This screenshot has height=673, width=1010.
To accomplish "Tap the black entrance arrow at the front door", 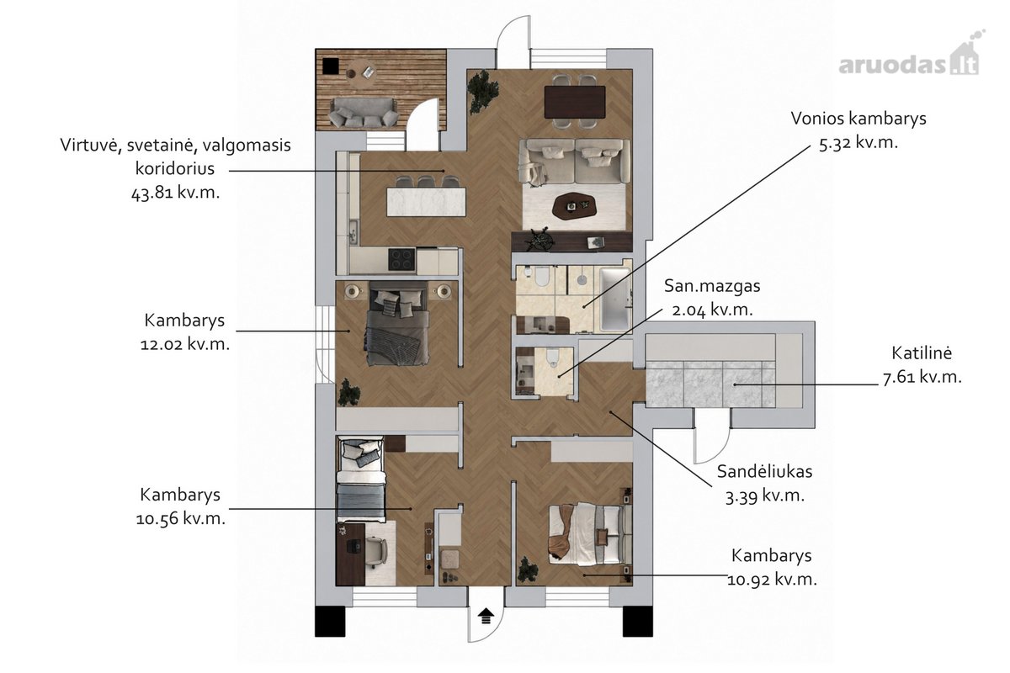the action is (x=486, y=616).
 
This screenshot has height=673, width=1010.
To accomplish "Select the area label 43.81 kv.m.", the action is (x=175, y=193).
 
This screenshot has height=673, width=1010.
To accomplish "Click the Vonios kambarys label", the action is (x=858, y=119).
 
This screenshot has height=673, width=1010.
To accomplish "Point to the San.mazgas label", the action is (x=712, y=286).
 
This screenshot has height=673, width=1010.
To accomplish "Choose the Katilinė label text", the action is (x=922, y=353).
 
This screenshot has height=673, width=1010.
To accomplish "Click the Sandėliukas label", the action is (x=765, y=471).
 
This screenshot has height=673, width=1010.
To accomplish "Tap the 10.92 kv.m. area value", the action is (x=772, y=580).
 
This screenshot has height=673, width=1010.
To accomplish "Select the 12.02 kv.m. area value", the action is (x=185, y=344).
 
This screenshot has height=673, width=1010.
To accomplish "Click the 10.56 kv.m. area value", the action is (x=180, y=519).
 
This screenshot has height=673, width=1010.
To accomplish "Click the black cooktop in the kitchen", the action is (x=401, y=260).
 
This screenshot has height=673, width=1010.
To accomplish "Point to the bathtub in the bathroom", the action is (x=614, y=299).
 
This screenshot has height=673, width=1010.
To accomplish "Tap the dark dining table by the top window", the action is (x=574, y=102).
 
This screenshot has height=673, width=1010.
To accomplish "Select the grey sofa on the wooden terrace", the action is (x=364, y=112).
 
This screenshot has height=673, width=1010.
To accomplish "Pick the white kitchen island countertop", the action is (x=426, y=202).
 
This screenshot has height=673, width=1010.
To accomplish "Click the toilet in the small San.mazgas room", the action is (x=552, y=356).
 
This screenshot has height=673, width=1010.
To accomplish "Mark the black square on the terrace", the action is (x=331, y=66).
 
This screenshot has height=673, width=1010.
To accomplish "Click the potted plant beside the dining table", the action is (x=483, y=92).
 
